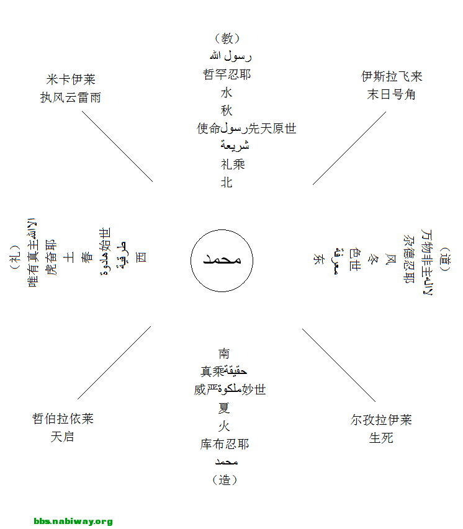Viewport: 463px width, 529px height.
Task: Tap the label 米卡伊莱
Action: [71, 79]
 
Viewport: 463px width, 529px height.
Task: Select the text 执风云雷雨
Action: [71, 97]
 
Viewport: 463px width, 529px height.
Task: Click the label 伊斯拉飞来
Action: [392, 76]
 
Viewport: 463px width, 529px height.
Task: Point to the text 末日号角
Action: [392, 94]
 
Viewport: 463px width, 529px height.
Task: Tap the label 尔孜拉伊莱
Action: [381, 420]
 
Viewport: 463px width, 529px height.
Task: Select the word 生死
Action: [381, 438]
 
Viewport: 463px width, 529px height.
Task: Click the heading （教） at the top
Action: [227, 38]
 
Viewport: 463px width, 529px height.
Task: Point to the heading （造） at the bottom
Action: [225, 479]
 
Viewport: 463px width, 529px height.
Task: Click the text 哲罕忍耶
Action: [227, 74]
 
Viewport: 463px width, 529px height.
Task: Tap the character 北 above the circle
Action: [227, 182]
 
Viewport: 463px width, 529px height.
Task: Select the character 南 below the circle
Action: [224, 353]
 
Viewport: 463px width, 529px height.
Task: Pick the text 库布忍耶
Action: [224, 444]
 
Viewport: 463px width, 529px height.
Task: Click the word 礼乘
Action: [233, 164]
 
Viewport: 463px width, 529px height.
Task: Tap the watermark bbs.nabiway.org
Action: [73, 522]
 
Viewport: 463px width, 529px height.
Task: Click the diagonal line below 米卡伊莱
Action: [117, 146]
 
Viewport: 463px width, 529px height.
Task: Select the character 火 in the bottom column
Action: [224, 426]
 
